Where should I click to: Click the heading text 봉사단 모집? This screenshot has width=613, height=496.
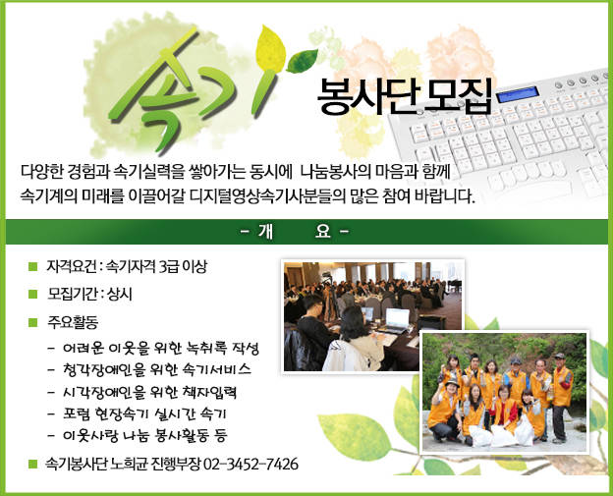click(404, 97)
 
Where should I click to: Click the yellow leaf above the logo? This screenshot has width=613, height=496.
click(270, 48)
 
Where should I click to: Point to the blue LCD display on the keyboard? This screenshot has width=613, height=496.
click(518, 94)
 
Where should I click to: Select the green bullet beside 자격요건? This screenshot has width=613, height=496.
click(32, 266)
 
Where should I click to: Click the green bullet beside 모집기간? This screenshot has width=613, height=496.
click(32, 294)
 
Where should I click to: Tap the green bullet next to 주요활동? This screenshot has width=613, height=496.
click(32, 322)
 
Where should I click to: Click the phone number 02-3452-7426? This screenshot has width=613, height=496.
click(251, 465)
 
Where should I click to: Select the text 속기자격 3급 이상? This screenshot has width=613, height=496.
click(156, 266)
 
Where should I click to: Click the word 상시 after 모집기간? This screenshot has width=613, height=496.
click(120, 294)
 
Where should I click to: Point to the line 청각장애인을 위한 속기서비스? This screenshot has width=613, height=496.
click(157, 369)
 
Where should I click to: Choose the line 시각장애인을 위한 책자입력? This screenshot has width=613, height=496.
click(149, 392)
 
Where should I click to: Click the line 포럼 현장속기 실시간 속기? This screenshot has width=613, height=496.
click(144, 413)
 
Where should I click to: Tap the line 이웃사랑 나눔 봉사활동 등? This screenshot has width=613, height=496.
click(144, 435)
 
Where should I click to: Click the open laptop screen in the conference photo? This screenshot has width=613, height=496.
click(397, 318)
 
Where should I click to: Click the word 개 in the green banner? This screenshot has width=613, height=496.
click(265, 232)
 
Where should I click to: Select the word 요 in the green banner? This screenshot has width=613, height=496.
click(322, 232)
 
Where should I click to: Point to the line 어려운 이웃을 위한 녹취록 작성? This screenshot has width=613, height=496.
click(161, 348)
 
